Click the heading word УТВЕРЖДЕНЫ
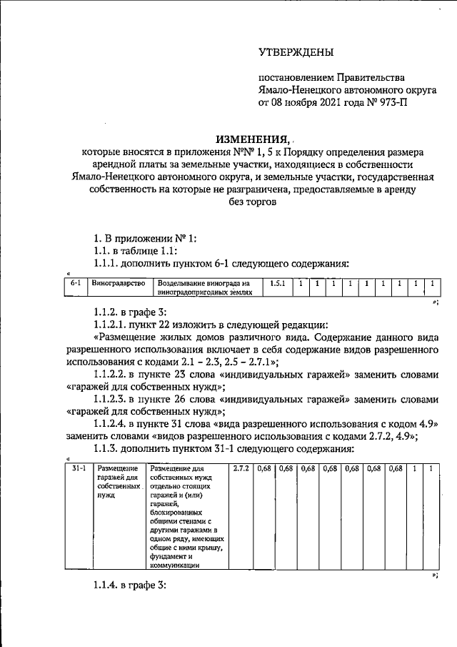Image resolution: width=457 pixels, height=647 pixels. (x=296, y=51)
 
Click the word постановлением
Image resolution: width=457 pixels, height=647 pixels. (x=295, y=77)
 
